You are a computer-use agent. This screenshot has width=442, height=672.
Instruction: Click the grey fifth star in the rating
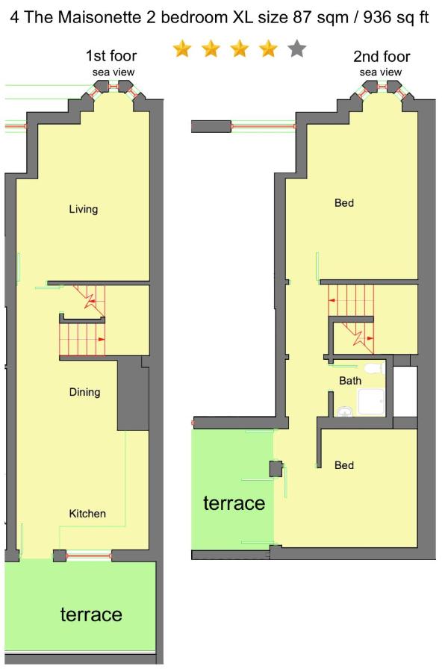296,49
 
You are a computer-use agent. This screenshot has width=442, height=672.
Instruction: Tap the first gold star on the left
182,49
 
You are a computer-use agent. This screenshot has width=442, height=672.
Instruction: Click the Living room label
84,209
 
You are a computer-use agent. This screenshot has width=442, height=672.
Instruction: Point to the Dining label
84,392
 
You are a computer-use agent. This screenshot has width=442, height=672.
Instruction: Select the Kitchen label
87,514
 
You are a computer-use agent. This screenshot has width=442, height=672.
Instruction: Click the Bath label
350,381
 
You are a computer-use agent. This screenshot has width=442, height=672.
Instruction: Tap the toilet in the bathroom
374,368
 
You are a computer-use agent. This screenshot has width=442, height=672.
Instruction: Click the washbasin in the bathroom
344,411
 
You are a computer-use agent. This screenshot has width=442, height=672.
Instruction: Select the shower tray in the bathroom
371,402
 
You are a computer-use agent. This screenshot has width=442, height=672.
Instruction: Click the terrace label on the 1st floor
91,615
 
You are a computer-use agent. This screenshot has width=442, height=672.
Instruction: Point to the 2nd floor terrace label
234,503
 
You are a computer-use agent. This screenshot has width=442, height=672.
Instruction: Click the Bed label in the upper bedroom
344,202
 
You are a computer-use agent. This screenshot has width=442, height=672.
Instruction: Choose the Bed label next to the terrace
344,465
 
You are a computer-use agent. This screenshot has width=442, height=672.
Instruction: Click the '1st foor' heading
111,56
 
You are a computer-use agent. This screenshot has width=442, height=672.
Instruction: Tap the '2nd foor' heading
382,56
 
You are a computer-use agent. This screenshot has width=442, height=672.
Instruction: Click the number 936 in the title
378,17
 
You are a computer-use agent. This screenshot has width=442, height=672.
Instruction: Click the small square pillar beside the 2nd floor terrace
276,468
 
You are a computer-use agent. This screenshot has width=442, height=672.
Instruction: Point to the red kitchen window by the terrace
89,556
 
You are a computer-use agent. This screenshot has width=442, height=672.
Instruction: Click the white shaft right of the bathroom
405,391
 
